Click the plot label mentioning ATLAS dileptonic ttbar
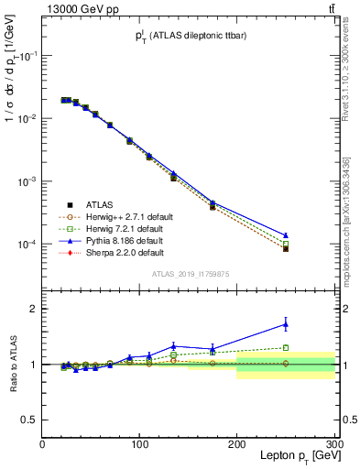189,36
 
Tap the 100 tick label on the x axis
139,442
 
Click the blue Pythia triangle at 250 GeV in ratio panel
286,323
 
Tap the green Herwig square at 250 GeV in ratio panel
286,348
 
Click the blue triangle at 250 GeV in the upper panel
286,235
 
